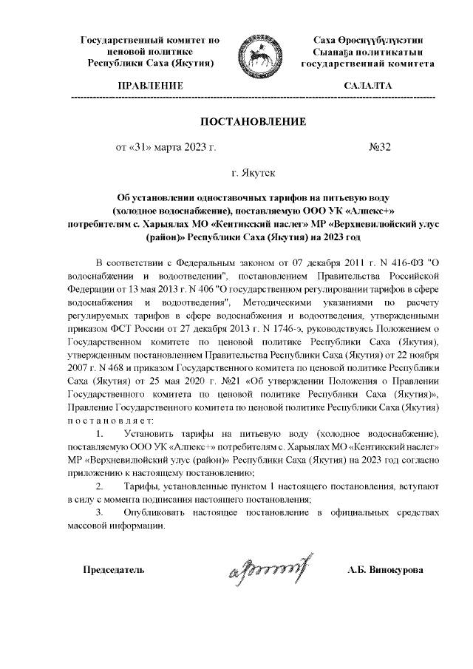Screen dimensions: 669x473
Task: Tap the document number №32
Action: click(379, 147)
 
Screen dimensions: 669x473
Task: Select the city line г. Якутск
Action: click(253, 173)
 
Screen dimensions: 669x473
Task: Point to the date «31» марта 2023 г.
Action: click(166, 147)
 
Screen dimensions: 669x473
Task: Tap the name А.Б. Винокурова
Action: click(386, 571)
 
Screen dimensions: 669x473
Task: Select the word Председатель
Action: click(113, 571)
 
